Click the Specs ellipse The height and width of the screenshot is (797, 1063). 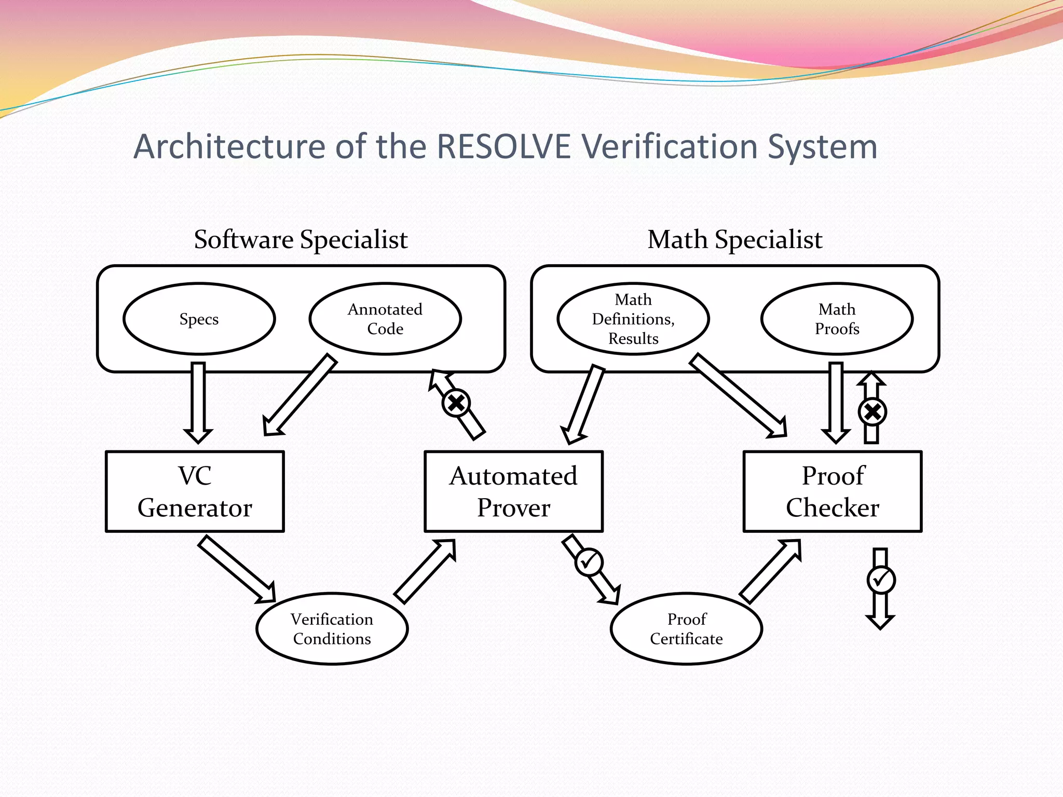(x=199, y=319)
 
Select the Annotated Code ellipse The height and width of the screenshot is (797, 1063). (x=385, y=319)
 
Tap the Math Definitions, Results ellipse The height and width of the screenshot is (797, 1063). (x=633, y=319)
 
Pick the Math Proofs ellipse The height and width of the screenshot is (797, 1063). (x=837, y=319)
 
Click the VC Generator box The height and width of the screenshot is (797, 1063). (x=195, y=491)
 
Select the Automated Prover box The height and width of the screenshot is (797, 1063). (x=513, y=491)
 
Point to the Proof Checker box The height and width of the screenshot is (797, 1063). (x=833, y=491)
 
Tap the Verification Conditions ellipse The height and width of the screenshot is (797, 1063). (x=332, y=628)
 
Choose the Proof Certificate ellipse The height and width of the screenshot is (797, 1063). (x=686, y=628)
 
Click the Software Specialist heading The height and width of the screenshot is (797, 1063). (x=301, y=240)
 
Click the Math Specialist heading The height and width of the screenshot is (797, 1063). (x=734, y=240)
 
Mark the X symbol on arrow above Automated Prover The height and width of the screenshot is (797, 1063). (x=456, y=403)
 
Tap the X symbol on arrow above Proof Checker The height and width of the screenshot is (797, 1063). (x=873, y=412)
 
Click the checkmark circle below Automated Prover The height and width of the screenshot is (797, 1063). (x=589, y=562)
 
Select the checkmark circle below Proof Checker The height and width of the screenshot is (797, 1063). (x=881, y=580)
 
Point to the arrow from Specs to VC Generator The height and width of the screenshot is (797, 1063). (x=198, y=402)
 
